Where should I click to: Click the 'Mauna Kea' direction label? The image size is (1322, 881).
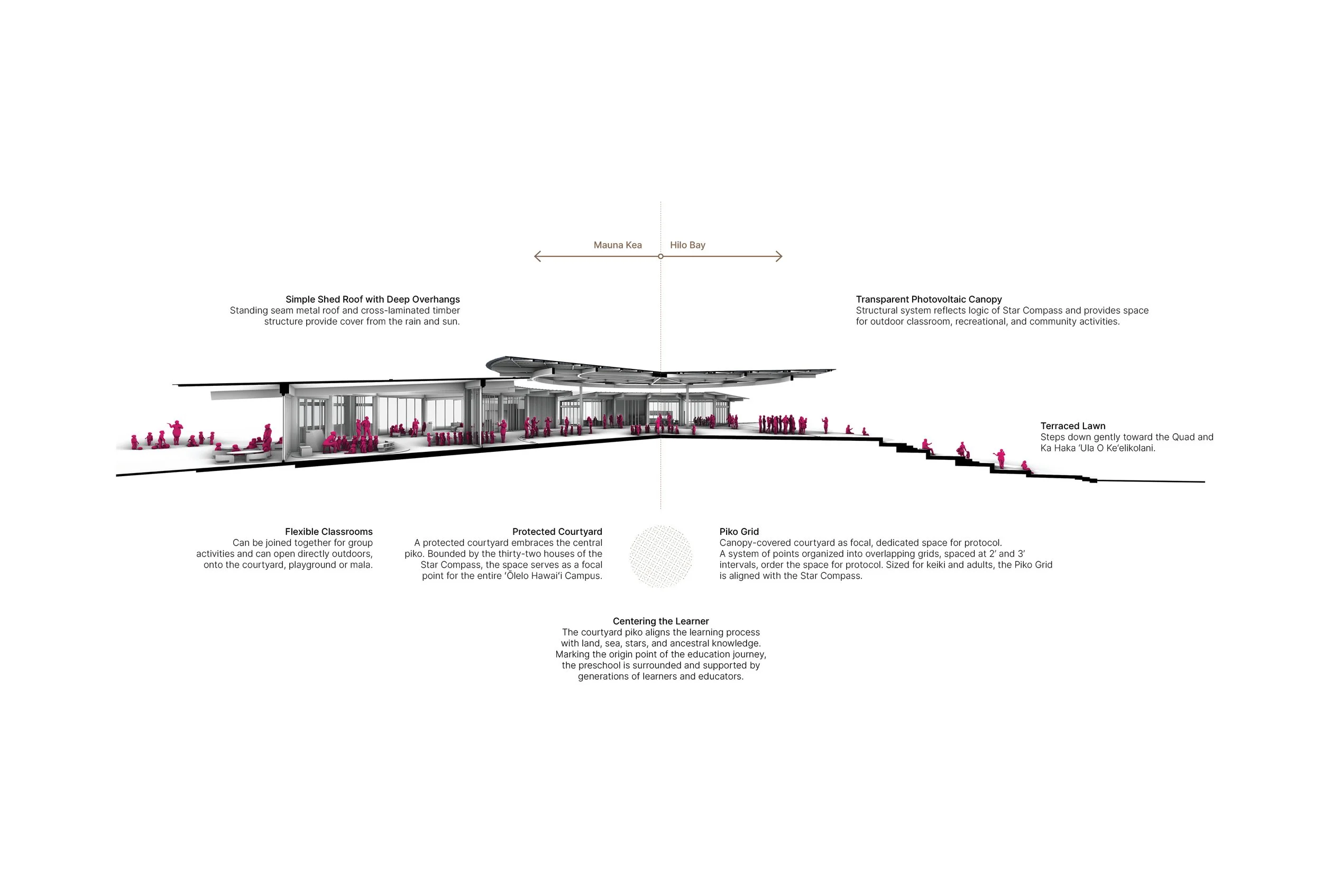[x=617, y=245]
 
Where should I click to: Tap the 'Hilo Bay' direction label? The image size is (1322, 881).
[x=687, y=245]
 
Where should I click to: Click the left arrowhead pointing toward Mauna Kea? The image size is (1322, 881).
[x=537, y=256]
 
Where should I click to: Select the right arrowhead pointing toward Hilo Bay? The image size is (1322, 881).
[x=779, y=256]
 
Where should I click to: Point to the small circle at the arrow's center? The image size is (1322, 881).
[x=660, y=256]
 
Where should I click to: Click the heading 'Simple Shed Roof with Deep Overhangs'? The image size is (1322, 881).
[x=372, y=300]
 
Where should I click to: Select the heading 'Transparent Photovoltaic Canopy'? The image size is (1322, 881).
[x=929, y=300]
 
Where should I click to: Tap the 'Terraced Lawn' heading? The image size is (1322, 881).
[x=1072, y=426]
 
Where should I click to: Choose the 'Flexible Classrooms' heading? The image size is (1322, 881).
[x=328, y=532]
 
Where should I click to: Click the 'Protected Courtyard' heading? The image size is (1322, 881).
[x=556, y=532]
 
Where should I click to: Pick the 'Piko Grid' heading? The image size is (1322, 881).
[x=739, y=532]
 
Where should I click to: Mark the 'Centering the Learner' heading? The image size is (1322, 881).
[x=660, y=621]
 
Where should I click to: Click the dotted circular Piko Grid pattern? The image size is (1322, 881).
[x=660, y=557]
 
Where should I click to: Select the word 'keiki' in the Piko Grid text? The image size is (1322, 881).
[x=959, y=564]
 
